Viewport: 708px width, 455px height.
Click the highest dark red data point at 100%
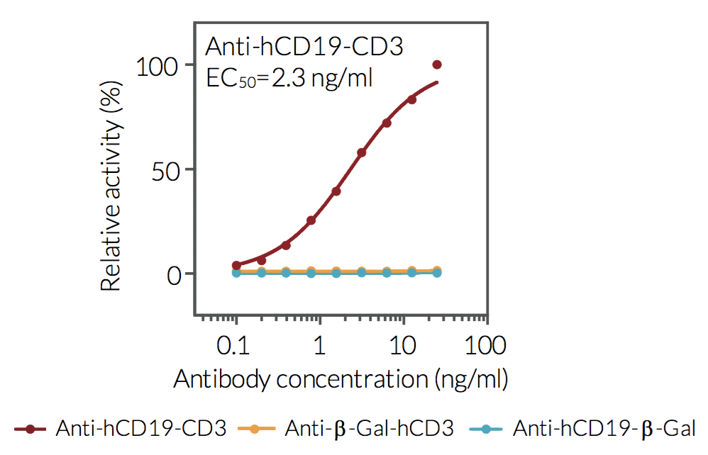coord(437,64)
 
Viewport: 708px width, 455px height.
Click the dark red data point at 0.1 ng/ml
coord(236,265)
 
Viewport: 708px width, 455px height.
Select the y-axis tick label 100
coord(154,65)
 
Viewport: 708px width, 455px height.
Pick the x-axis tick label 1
coord(320,346)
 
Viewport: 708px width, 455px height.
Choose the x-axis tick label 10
coord(403,346)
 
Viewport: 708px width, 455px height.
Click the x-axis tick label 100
coord(485,346)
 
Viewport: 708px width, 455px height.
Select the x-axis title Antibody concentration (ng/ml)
coord(341,379)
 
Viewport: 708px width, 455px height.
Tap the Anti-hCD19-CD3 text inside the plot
coord(304,47)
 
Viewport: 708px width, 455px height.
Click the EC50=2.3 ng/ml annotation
coord(289,77)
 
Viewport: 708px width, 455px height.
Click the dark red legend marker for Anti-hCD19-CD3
coord(30,429)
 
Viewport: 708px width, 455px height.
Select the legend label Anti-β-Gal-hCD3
coord(368,429)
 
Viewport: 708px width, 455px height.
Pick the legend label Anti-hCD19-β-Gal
coord(604,429)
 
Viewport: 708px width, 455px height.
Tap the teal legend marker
coord(486,429)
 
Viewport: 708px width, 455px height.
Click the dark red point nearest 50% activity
coord(361,152)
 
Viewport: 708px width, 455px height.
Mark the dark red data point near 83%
coord(411,99)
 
